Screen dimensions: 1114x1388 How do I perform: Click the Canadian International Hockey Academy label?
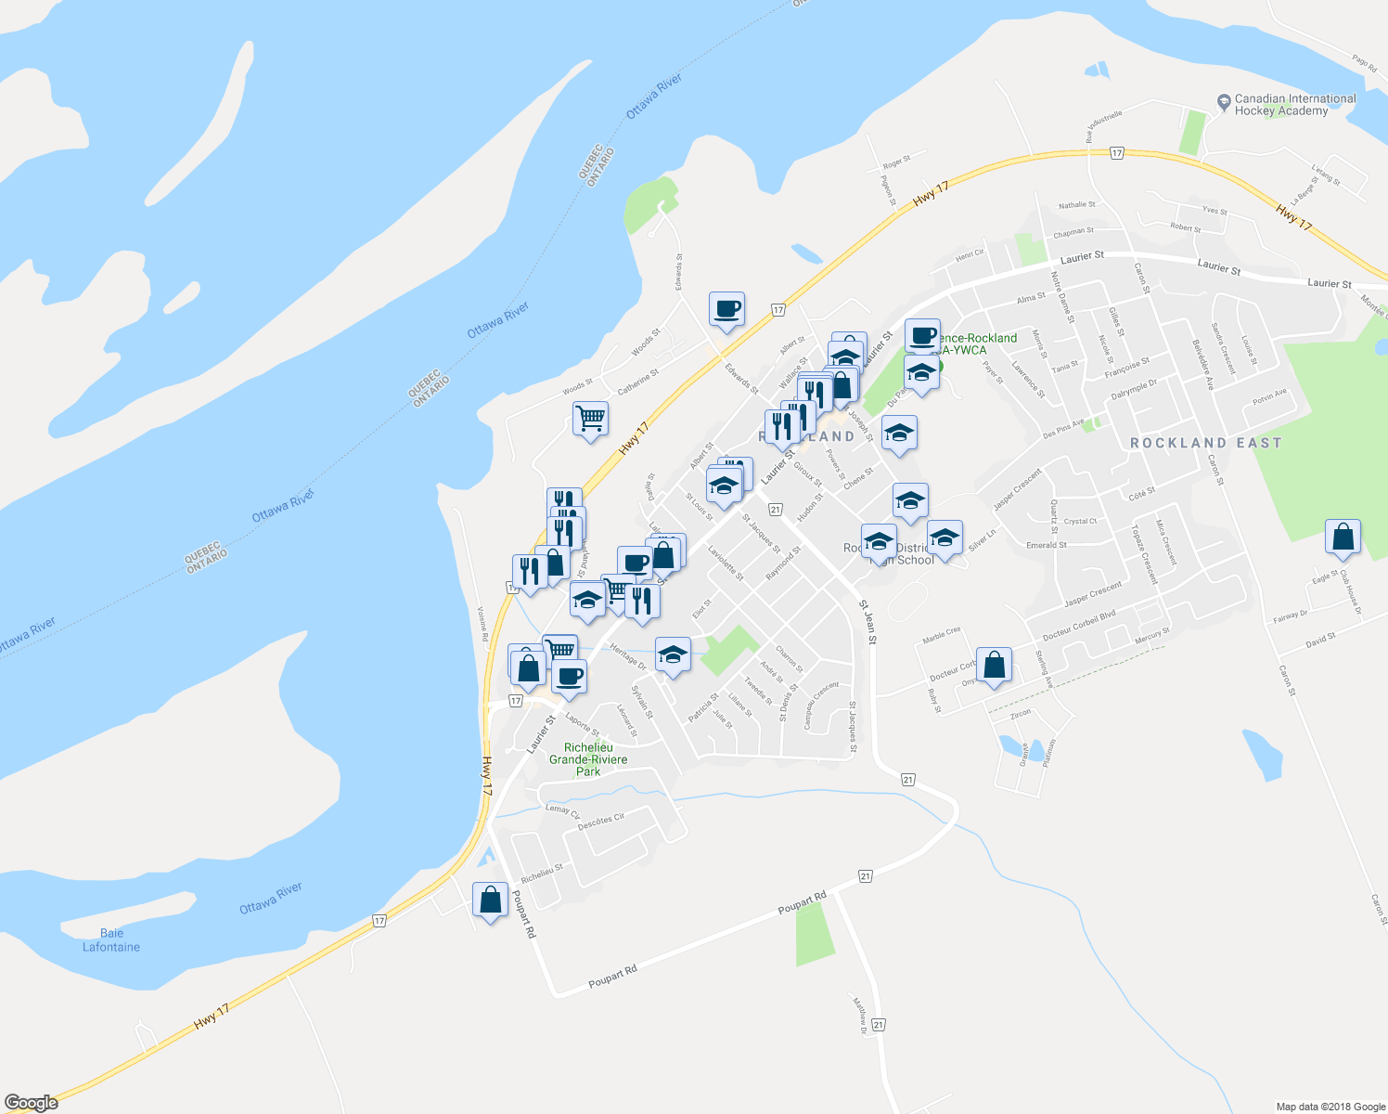coord(1294,105)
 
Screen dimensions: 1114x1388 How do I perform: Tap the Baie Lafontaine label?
coord(111,939)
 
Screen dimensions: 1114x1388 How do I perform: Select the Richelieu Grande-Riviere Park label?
coord(588,759)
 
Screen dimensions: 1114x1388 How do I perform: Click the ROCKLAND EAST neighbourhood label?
coord(1205,444)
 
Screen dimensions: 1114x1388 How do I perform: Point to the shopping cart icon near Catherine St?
coord(590,420)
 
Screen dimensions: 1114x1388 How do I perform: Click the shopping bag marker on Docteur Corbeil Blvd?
coord(994,666)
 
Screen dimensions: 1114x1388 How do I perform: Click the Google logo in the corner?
coord(31,1103)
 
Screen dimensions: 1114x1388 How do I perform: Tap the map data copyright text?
coord(1330,1107)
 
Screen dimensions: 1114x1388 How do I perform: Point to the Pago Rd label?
coord(1364,63)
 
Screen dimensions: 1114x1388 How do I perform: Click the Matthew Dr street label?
coord(860,1015)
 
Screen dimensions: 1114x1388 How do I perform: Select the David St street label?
coord(1319,640)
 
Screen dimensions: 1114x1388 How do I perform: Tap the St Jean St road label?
coord(867,616)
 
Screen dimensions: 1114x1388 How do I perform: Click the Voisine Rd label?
coord(482,625)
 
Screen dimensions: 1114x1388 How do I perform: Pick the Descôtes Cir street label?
coord(601,822)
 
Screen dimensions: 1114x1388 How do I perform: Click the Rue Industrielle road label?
coord(1104,126)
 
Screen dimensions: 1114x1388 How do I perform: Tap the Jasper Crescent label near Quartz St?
coord(1017,489)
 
